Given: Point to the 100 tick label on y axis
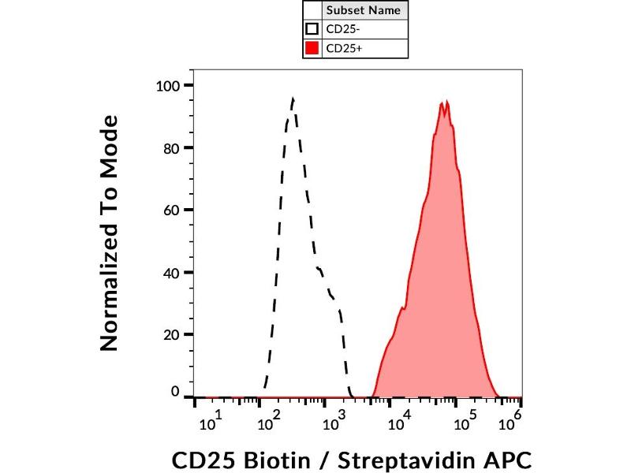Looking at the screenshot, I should [170, 85].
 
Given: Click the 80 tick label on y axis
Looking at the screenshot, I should [173, 147].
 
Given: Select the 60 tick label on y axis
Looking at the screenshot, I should [173, 210].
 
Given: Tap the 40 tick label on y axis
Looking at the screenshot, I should [173, 272].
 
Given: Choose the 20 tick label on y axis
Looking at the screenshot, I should [173, 334].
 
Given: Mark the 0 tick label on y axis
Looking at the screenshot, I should [177, 392].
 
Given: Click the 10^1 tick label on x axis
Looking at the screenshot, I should [211, 424].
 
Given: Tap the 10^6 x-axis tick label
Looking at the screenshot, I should [513, 423].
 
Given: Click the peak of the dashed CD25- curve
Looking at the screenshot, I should [293, 99].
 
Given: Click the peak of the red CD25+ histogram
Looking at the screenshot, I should [446, 102].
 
